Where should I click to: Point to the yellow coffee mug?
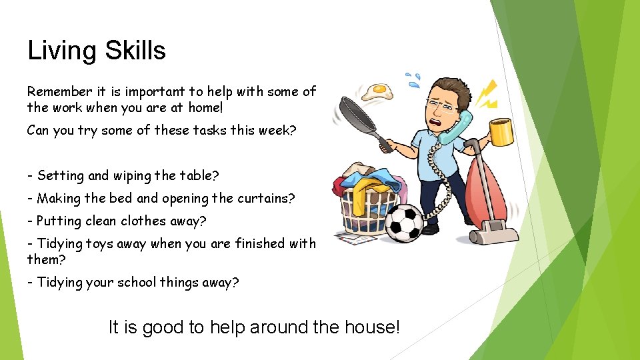coord(500,131)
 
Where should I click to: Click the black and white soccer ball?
coord(405,222)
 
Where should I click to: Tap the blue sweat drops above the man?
coord(414,80)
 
